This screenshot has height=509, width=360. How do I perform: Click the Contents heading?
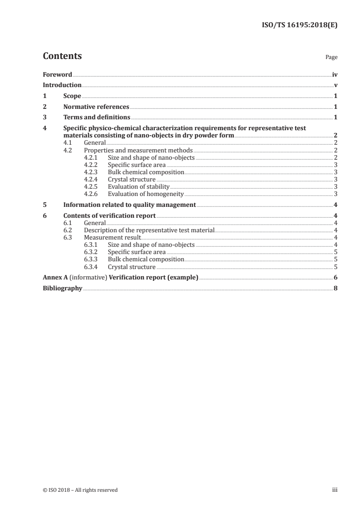pyautogui.click(x=62, y=56)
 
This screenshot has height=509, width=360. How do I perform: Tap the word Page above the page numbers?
pyautogui.click(x=331, y=58)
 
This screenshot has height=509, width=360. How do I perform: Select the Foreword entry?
pyautogui.click(x=57, y=74)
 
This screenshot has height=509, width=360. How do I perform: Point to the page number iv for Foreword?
pyautogui.click(x=335, y=74)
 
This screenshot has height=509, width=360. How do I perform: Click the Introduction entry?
pyautogui.click(x=62, y=85)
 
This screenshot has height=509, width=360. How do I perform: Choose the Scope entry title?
pyautogui.click(x=72, y=96)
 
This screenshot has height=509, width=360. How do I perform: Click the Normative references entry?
pyautogui.click(x=96, y=107)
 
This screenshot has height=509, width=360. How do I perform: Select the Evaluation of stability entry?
pyautogui.click(x=138, y=186)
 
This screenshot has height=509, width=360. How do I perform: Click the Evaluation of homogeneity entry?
pyautogui.click(x=145, y=194)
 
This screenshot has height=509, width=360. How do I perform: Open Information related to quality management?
pyautogui.click(x=129, y=205)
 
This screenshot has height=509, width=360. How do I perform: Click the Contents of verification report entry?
pyautogui.click(x=109, y=215)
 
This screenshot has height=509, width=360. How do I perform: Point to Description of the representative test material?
pyautogui.click(x=149, y=230)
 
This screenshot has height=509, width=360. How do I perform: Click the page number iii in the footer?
pyautogui.click(x=335, y=490)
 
